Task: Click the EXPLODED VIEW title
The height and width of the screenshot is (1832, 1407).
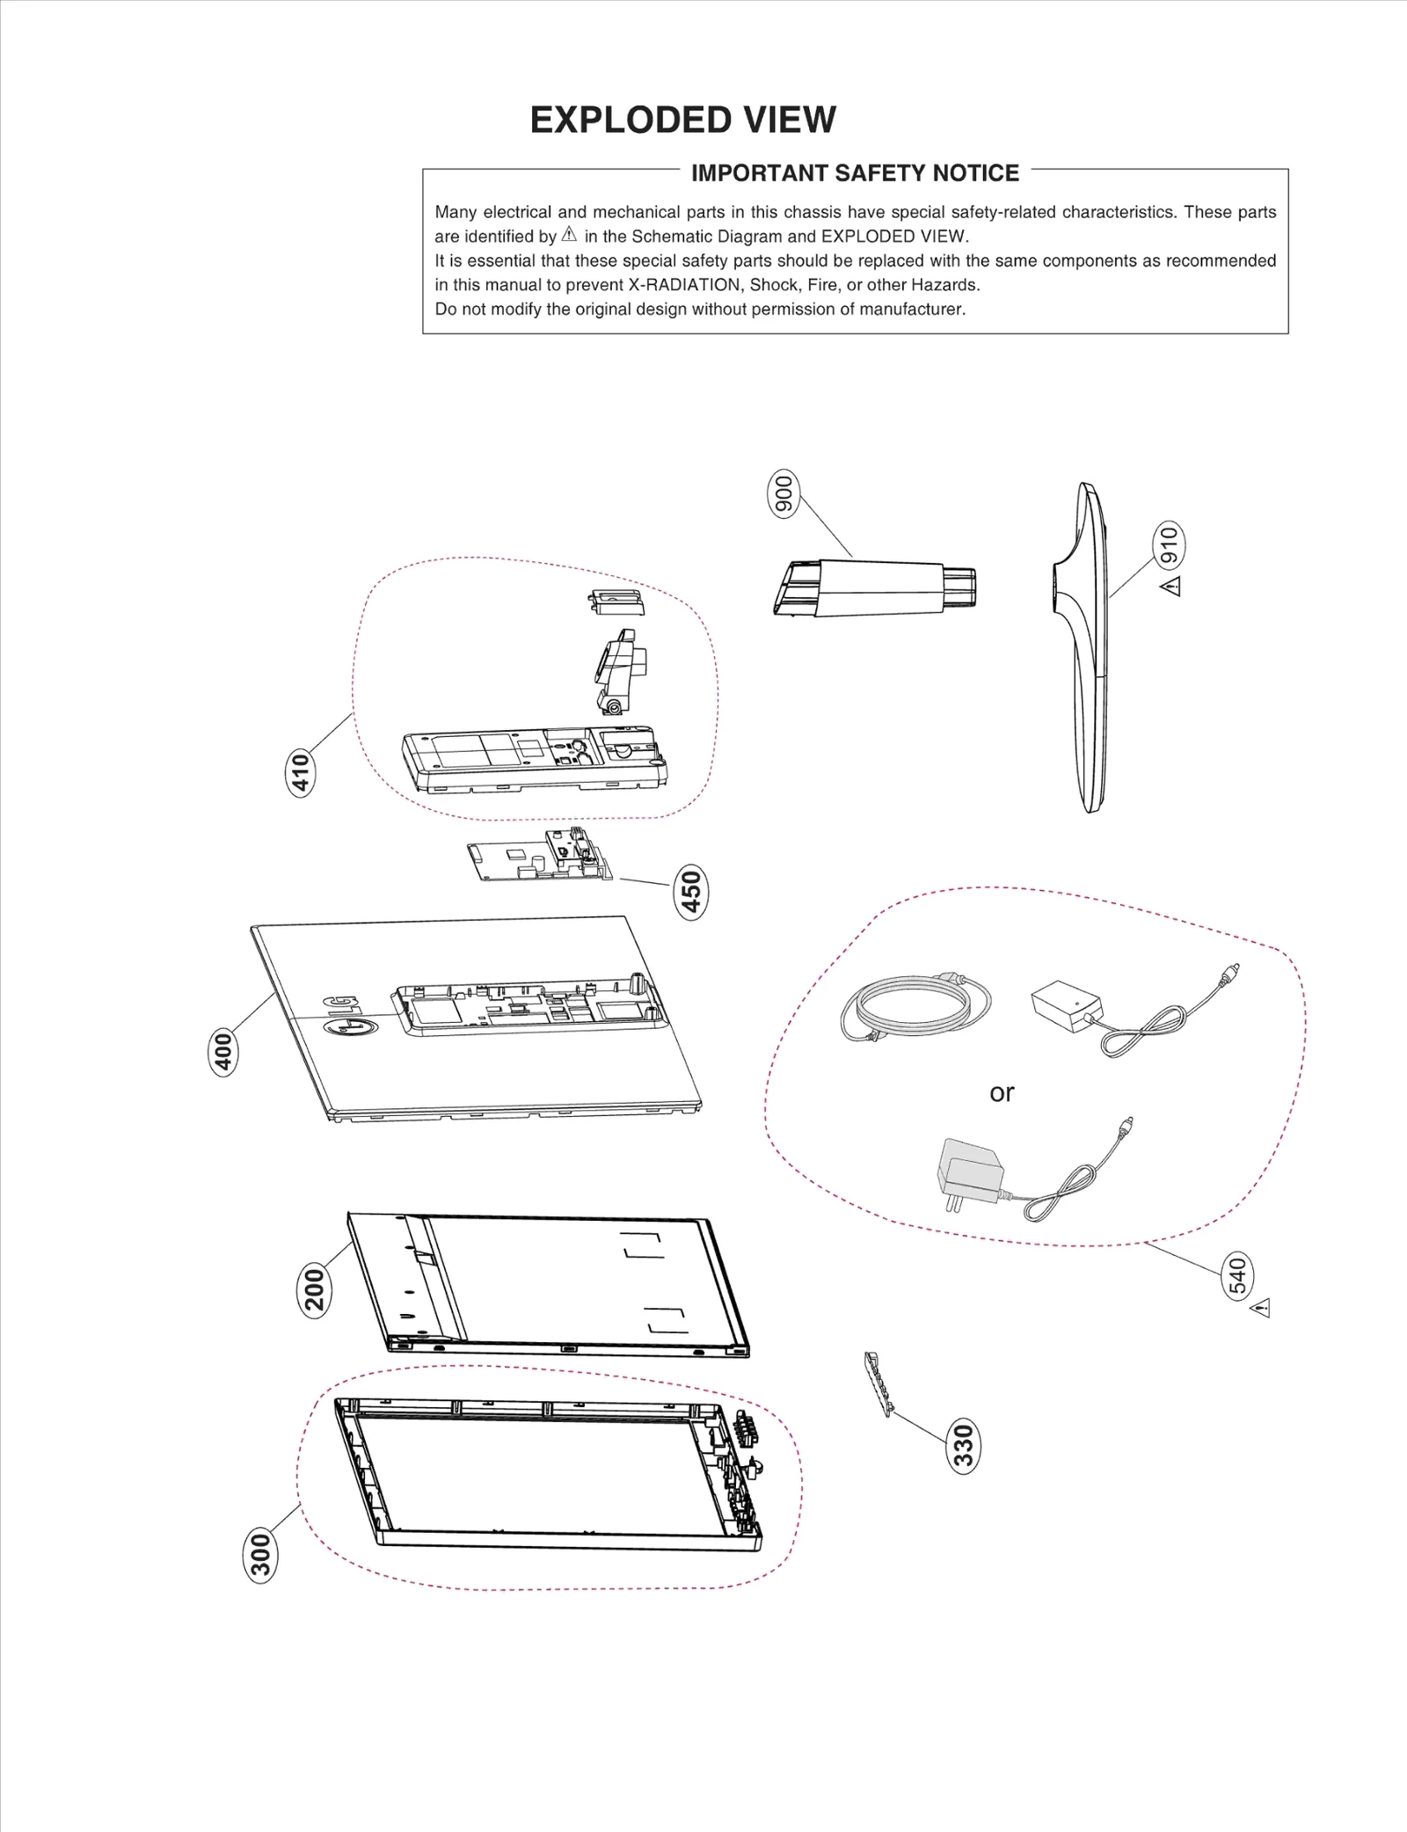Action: (x=682, y=120)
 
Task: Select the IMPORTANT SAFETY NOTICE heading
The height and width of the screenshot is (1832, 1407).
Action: (x=855, y=173)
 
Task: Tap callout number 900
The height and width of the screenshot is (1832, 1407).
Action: (x=782, y=494)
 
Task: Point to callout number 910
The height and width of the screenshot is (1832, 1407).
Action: (x=1169, y=545)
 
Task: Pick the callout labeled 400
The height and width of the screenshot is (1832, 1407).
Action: (x=223, y=1052)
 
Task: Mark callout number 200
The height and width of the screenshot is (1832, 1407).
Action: (x=314, y=1289)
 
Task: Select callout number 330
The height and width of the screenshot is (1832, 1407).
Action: (x=964, y=1446)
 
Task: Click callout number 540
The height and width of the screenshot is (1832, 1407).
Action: (x=1238, y=1277)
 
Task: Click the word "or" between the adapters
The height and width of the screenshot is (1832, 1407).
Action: (x=1002, y=1092)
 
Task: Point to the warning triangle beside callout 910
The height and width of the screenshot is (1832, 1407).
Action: (x=1170, y=586)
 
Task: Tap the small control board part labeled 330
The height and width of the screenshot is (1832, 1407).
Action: (x=878, y=1384)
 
